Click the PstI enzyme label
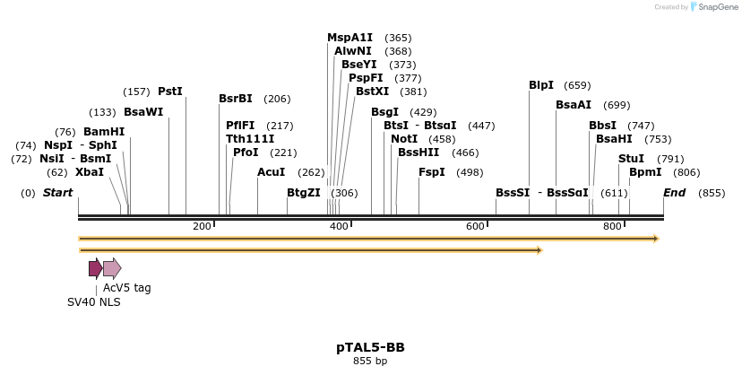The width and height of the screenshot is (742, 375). pyautogui.click(x=169, y=92)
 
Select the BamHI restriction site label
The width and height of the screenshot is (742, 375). pyautogui.click(x=104, y=132)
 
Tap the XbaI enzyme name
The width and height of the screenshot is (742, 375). pyautogui.click(x=89, y=172)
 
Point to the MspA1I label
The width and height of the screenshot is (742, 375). pyautogui.click(x=349, y=38)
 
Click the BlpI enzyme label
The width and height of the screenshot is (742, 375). pyautogui.click(x=541, y=85)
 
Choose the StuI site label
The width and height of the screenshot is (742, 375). pyautogui.click(x=631, y=159)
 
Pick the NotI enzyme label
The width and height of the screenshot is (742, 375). pyautogui.click(x=404, y=139)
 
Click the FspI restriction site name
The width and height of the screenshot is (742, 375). pyautogui.click(x=431, y=172)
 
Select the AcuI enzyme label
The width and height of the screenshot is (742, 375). pyautogui.click(x=271, y=172)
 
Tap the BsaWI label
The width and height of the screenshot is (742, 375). pyautogui.click(x=143, y=112)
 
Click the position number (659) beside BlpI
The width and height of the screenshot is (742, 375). pyautogui.click(x=577, y=86)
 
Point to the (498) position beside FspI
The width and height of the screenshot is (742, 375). pyautogui.click(x=470, y=173)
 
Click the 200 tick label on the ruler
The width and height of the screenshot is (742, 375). pyautogui.click(x=202, y=226)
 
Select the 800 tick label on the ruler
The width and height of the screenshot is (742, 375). pyautogui.click(x=612, y=226)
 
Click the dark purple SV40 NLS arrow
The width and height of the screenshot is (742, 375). pyautogui.click(x=95, y=268)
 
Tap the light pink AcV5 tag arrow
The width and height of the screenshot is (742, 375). pyautogui.click(x=112, y=268)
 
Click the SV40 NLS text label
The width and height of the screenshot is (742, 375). pyautogui.click(x=93, y=302)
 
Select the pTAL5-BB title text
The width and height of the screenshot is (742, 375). pyautogui.click(x=370, y=347)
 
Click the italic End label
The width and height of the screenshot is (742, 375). pyautogui.click(x=674, y=193)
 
